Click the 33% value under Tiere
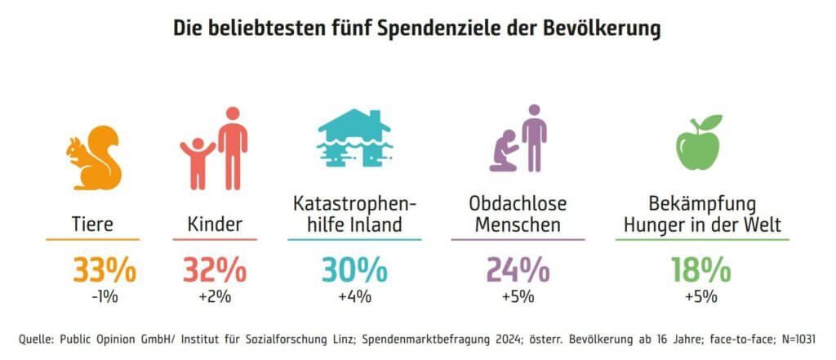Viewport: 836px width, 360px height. pos(104,269)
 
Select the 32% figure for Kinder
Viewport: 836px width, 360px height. pos(215,269)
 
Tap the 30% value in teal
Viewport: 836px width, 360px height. pos(354,269)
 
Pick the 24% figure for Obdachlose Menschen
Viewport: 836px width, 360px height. pos(518,269)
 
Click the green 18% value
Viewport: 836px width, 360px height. pos(701,269)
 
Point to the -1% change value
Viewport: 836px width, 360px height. pos(104,296)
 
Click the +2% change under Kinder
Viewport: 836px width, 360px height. pos(215,296)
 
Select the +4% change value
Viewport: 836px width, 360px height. pos(354,296)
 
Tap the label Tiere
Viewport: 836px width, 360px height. pos(92,224)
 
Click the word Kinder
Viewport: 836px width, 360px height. pos(215,224)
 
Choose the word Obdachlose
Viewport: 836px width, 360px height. pos(518,203)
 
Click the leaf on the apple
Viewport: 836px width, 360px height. pos(712,122)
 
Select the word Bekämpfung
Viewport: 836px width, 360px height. pos(701,203)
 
